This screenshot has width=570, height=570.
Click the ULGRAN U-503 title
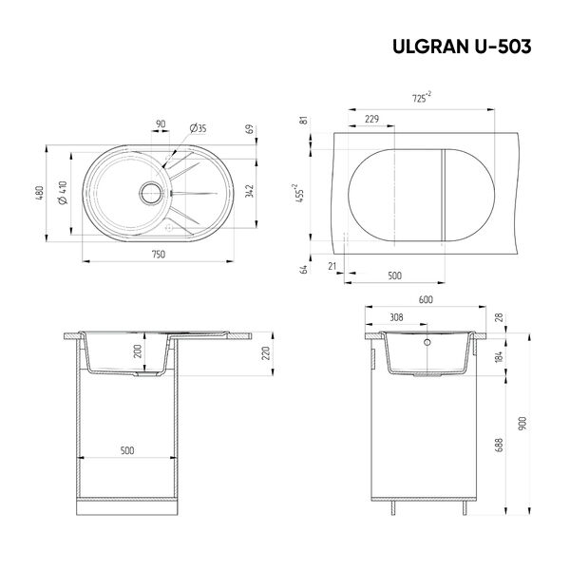[x=462, y=47]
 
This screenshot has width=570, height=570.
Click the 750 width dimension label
[x=159, y=255]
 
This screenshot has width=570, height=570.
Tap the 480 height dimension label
[x=40, y=193]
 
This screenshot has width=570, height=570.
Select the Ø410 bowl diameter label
[x=63, y=193]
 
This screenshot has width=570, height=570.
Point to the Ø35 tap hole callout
[x=198, y=128]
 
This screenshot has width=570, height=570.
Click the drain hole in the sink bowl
[x=150, y=193]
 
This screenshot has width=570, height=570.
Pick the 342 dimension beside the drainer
[x=249, y=191]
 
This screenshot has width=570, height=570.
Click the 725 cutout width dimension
[x=421, y=98]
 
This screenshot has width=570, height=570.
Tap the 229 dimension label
[x=371, y=119]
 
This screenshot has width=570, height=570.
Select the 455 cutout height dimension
[x=299, y=193]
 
